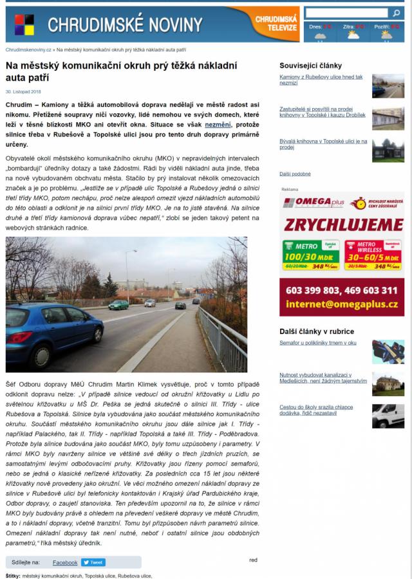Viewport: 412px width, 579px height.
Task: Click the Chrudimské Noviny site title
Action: (125, 25)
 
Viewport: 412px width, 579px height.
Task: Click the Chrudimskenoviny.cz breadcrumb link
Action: (28, 50)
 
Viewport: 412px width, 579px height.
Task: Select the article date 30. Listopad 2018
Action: (23, 92)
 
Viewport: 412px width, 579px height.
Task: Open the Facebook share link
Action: (65, 562)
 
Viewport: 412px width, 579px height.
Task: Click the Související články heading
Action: (310, 66)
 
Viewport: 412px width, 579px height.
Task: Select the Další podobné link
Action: (295, 174)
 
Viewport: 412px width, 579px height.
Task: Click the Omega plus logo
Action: (314, 203)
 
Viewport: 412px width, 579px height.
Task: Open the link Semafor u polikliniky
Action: (317, 343)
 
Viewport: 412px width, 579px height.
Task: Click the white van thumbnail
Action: (388, 416)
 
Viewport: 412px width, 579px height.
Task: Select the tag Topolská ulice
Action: (100, 576)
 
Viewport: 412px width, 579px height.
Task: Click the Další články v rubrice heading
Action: (317, 331)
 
